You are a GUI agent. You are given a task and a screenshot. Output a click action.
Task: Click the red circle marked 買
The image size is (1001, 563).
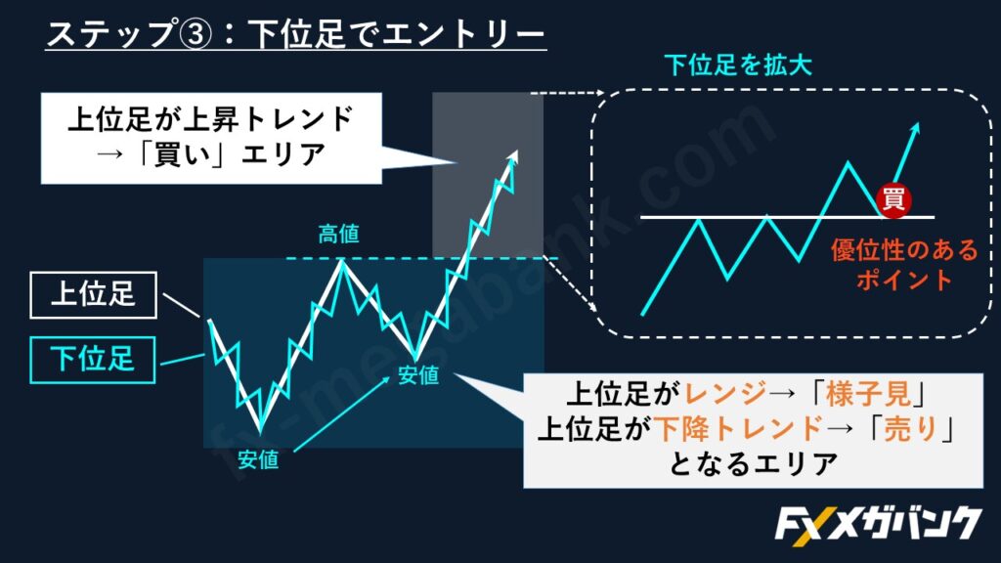893,199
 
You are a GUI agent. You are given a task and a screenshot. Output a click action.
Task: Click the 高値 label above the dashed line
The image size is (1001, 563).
338,235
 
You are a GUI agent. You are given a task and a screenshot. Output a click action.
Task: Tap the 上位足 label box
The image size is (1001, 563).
93,295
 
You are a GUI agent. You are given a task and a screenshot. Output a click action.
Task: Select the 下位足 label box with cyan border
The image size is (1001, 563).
93,360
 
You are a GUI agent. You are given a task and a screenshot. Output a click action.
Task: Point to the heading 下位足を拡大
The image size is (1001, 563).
738,65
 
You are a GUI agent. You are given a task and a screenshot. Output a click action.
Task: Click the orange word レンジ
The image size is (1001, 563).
725,394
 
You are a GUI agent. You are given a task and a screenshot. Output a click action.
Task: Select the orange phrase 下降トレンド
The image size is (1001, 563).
738,428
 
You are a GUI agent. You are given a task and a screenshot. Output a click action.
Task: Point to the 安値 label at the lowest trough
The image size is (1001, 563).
258,459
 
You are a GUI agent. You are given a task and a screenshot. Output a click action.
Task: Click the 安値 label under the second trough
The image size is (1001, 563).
418,375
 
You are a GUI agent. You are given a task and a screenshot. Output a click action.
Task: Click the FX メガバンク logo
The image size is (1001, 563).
878,524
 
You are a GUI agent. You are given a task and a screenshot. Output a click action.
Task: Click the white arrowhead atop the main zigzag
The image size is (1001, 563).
512,157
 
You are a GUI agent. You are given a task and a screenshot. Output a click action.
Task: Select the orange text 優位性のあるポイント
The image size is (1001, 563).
904,264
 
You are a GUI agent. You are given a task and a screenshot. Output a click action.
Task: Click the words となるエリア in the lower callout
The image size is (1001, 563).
753,464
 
